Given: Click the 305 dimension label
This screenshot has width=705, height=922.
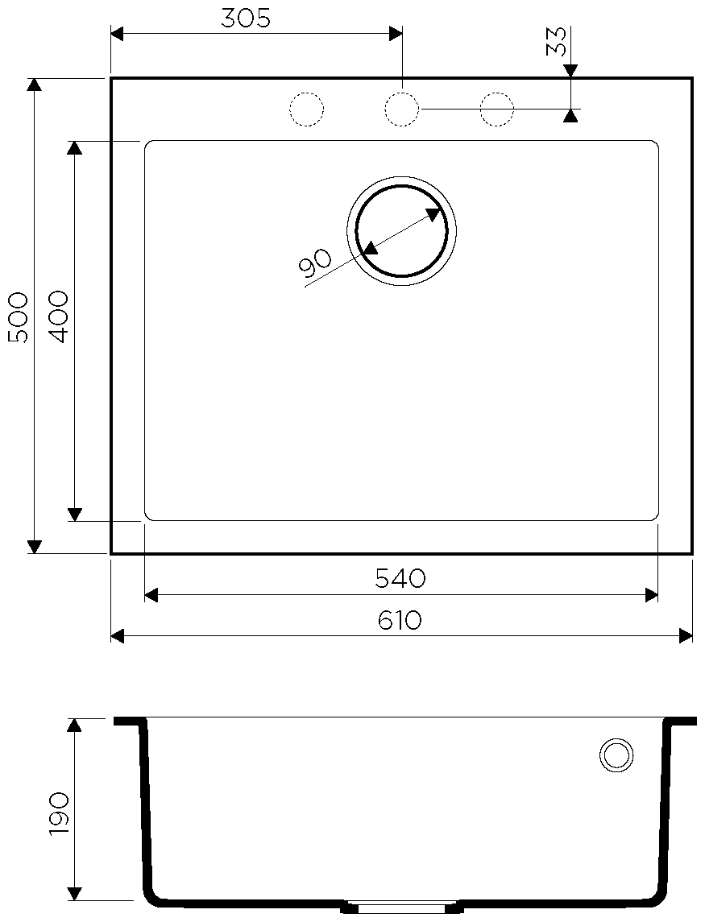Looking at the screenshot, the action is pyautogui.click(x=246, y=19).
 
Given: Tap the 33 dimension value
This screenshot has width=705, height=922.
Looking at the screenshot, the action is pyautogui.click(x=557, y=42).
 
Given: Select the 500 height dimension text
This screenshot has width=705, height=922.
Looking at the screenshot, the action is pyautogui.click(x=18, y=317).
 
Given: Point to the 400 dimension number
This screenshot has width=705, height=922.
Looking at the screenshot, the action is pyautogui.click(x=59, y=317).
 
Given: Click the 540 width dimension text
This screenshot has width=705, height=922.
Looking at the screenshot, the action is pyautogui.click(x=400, y=579).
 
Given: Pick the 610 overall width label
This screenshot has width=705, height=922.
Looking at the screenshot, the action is pyautogui.click(x=400, y=620).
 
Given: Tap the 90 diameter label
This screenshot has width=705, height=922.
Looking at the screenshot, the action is pyautogui.click(x=315, y=263).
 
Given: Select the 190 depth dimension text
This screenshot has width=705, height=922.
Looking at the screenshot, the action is pyautogui.click(x=59, y=813).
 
